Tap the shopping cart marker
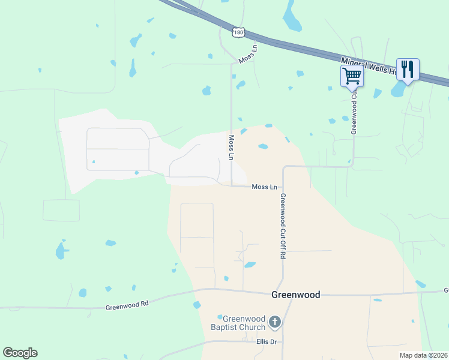click(x=352, y=76)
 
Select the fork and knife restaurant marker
click(x=408, y=69)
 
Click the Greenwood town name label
click(x=295, y=295)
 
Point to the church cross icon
click(x=275, y=323)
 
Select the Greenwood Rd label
click(x=127, y=305)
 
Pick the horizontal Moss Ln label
click(x=264, y=187)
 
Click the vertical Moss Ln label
click(x=231, y=147)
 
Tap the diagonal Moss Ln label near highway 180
click(x=247, y=54)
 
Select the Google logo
click(x=20, y=353)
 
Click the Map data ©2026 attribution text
click(x=424, y=355)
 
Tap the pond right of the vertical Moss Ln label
click(x=263, y=146)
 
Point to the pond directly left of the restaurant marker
click(x=397, y=89)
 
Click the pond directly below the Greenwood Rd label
click(x=197, y=305)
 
